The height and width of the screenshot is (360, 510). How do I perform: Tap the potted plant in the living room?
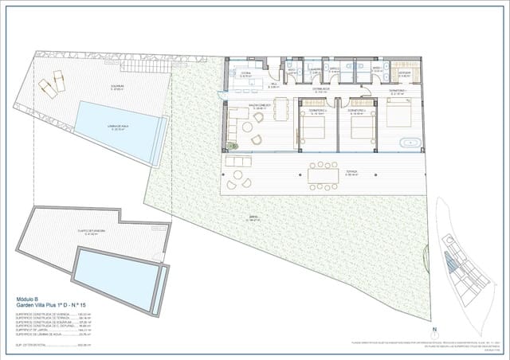point(230,146)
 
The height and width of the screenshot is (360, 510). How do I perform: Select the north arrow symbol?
point(434,330)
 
